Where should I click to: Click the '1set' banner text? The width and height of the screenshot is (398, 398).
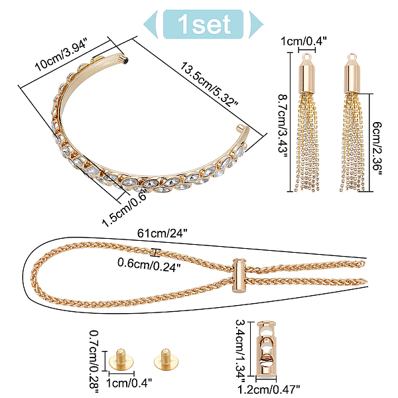[x=204, y=24]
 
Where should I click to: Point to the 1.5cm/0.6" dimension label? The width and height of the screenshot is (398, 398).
[x=125, y=208]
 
